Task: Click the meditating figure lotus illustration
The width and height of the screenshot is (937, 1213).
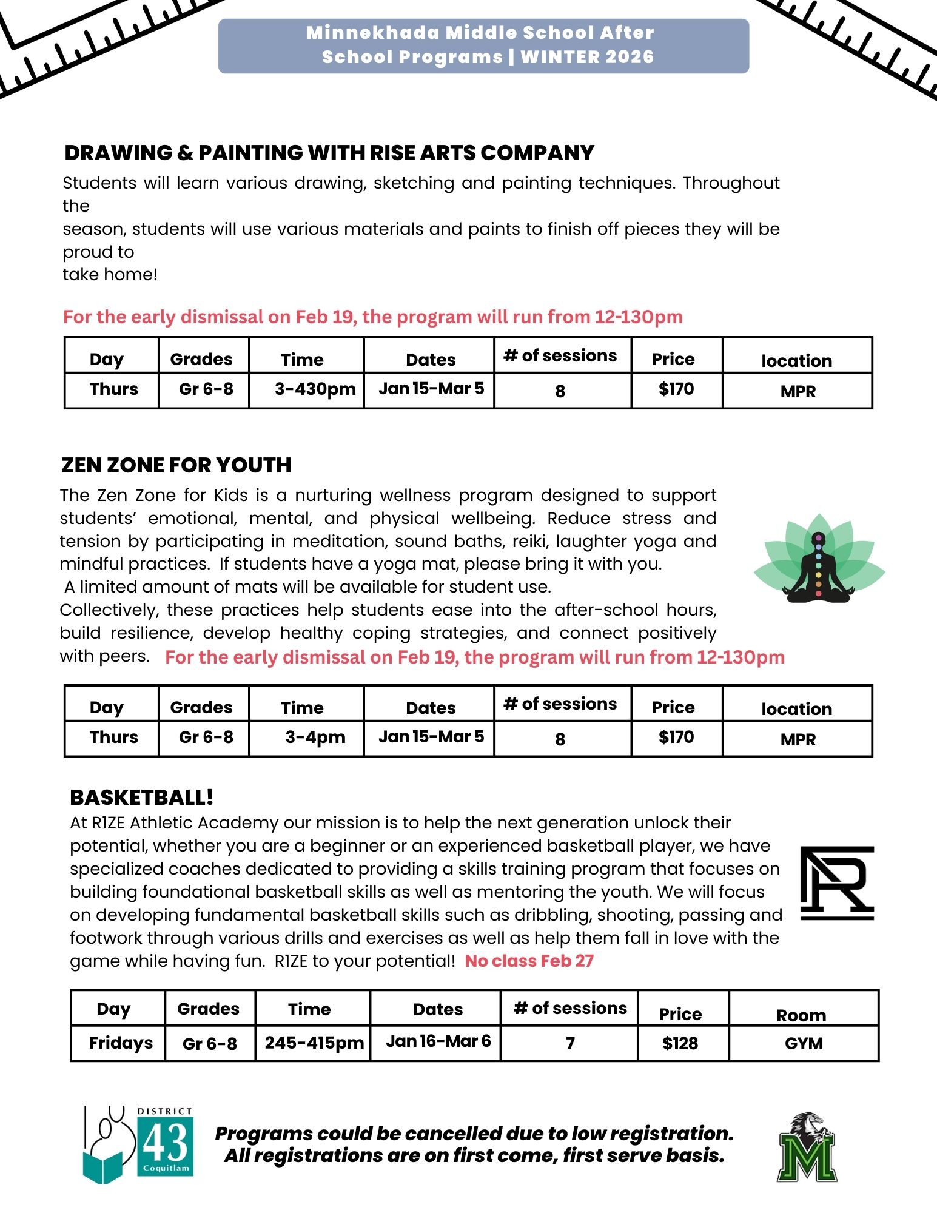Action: tap(819, 560)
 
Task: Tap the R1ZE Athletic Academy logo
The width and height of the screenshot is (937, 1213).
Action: tap(837, 883)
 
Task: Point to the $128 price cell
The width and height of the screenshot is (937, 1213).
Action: tap(680, 1043)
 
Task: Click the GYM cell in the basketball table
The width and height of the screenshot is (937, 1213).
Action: tap(804, 1043)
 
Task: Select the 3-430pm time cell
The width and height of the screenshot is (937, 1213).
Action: tap(315, 389)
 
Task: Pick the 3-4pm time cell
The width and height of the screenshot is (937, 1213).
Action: tap(315, 737)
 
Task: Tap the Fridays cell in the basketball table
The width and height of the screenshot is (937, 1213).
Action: tap(121, 1043)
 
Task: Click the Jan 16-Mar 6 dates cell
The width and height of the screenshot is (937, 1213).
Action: tap(438, 1041)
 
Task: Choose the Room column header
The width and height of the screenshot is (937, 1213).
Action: tap(801, 1015)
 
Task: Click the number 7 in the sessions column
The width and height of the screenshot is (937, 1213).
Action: tap(570, 1043)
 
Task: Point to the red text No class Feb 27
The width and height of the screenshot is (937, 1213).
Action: tap(529, 961)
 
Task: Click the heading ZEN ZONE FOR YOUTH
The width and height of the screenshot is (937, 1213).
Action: tap(176, 465)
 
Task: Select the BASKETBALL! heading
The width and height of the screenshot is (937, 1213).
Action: tap(142, 798)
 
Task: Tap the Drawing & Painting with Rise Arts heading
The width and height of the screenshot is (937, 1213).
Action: tap(329, 153)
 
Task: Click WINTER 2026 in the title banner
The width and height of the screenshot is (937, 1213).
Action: tap(587, 57)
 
